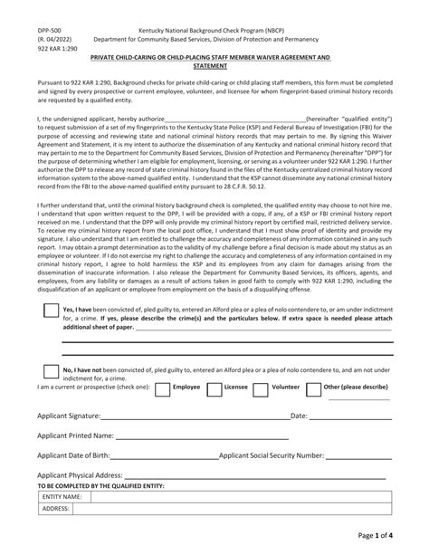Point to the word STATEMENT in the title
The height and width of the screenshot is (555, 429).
(213, 67)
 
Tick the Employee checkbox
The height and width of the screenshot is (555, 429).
(162, 388)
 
